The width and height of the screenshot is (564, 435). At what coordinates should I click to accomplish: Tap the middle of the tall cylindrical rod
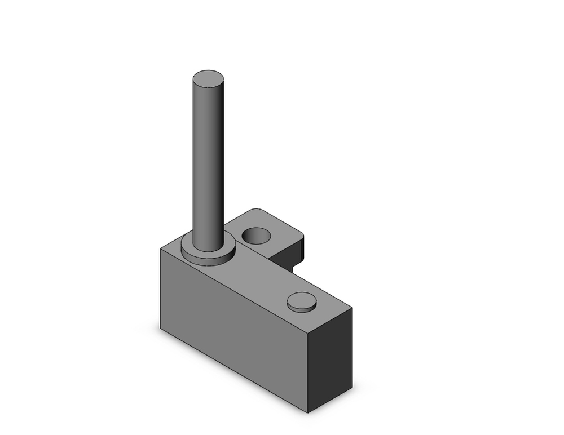208,163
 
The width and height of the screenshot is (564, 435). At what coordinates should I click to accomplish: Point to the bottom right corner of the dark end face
352,388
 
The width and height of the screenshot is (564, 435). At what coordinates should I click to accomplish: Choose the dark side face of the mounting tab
298,254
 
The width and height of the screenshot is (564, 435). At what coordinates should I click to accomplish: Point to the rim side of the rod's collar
208,260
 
